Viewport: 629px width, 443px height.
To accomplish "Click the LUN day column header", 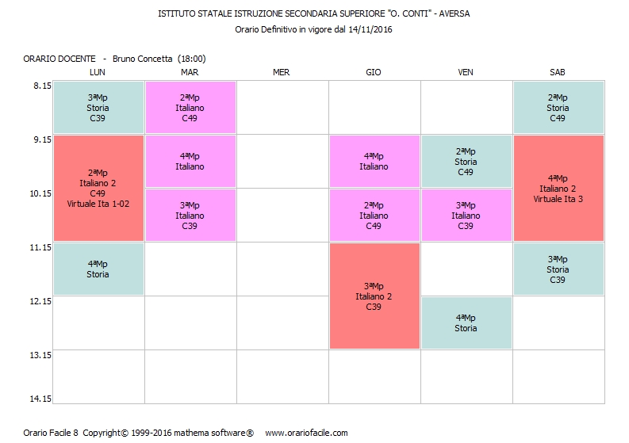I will pos(98,72).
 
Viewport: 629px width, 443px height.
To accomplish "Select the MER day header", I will pos(282,72).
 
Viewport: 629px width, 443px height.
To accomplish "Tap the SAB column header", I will pos(558,72).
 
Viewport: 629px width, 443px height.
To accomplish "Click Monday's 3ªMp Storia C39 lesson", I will pos(98,108).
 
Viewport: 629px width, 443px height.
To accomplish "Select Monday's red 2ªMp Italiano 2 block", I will pos(98,188).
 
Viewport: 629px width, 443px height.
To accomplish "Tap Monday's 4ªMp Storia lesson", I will pos(98,269).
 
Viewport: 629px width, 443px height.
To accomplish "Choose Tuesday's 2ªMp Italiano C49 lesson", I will pos(190,108).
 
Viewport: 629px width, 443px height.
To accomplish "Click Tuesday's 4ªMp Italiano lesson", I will pos(190,162).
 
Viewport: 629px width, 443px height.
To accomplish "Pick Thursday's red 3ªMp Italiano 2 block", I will pos(374,296).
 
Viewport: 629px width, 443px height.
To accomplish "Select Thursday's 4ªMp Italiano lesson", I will pos(374,162).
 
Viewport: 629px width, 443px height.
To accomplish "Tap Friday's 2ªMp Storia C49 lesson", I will pos(466,162).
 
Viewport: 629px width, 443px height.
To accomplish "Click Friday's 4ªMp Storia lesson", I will pos(466,323).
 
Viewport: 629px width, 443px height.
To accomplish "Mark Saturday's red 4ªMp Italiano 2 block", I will pos(558,188).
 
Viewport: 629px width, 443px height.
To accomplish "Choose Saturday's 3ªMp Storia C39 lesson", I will pos(558,269).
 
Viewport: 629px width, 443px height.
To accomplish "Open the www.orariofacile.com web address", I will pos(306,433).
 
